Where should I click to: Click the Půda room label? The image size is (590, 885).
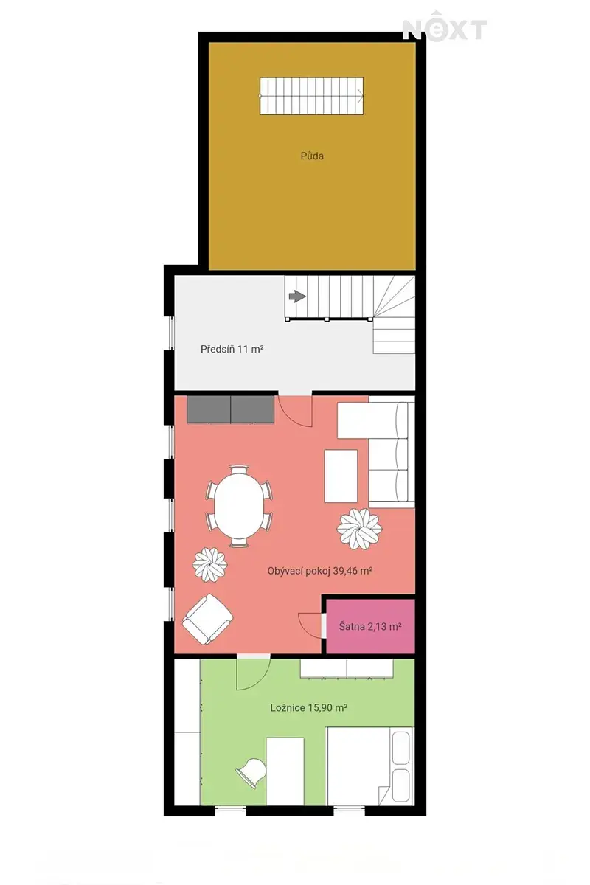pyautogui.click(x=312, y=156)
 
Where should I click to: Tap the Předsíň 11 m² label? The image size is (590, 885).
pyautogui.click(x=232, y=349)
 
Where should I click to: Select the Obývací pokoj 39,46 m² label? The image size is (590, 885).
pyautogui.click(x=320, y=571)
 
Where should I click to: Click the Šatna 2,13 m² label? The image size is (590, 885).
pyautogui.click(x=370, y=626)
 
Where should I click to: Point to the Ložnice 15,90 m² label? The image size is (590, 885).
pyautogui.click(x=308, y=707)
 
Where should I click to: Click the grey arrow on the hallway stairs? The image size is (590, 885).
pyautogui.click(x=297, y=296)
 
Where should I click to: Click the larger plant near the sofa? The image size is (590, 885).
pyautogui.click(x=359, y=529)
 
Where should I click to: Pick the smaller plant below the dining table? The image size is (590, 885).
pyautogui.click(x=209, y=565)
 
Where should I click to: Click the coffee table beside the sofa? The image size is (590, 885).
pyautogui.click(x=341, y=476)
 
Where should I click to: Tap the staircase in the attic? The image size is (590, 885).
pyautogui.click(x=311, y=96)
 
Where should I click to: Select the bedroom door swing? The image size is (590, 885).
pyautogui.click(x=253, y=674)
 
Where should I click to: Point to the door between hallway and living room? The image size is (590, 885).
pyautogui.click(x=295, y=411)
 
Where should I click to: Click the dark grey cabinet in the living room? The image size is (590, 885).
pyautogui.click(x=230, y=410)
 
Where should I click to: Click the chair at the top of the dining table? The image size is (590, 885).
pyautogui.click(x=239, y=469)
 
